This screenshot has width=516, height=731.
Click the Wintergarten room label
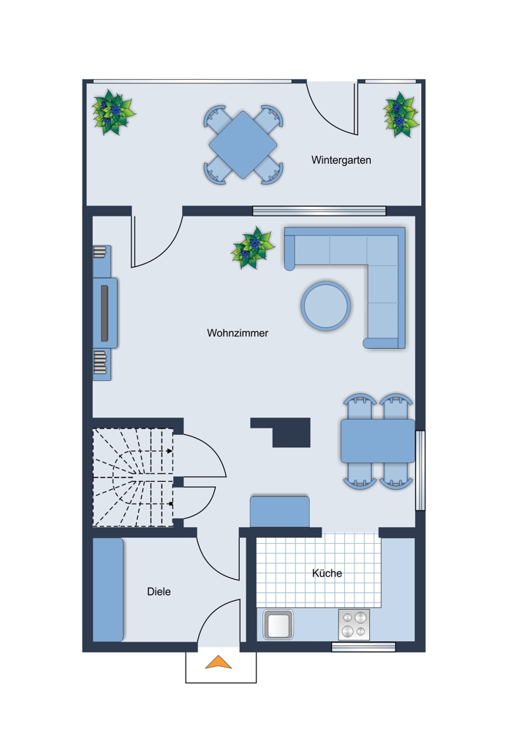pos(341,160)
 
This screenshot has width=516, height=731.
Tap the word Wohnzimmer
pos(238,333)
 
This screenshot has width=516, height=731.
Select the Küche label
pos(327,573)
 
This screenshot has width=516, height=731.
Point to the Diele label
pos(159,591)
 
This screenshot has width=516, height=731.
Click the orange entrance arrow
pos(218,662)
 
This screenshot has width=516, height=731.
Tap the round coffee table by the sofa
pos(326,306)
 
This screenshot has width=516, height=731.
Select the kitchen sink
pos(278,624)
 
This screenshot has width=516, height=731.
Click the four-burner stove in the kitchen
pos(354,625)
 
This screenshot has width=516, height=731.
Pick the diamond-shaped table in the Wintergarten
pos(243,145)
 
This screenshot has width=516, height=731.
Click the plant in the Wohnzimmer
pos(253,248)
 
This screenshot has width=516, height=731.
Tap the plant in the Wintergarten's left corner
pos(113,113)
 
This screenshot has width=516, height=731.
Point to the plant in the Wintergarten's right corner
pos(401,115)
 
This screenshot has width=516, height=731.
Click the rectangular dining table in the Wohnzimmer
pos(378,441)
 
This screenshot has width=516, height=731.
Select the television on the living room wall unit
pos(105,314)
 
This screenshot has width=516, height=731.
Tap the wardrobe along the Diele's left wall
pos(107,590)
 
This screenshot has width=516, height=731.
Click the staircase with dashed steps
pos(133,477)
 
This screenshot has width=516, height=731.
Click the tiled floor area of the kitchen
pos(319,569)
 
